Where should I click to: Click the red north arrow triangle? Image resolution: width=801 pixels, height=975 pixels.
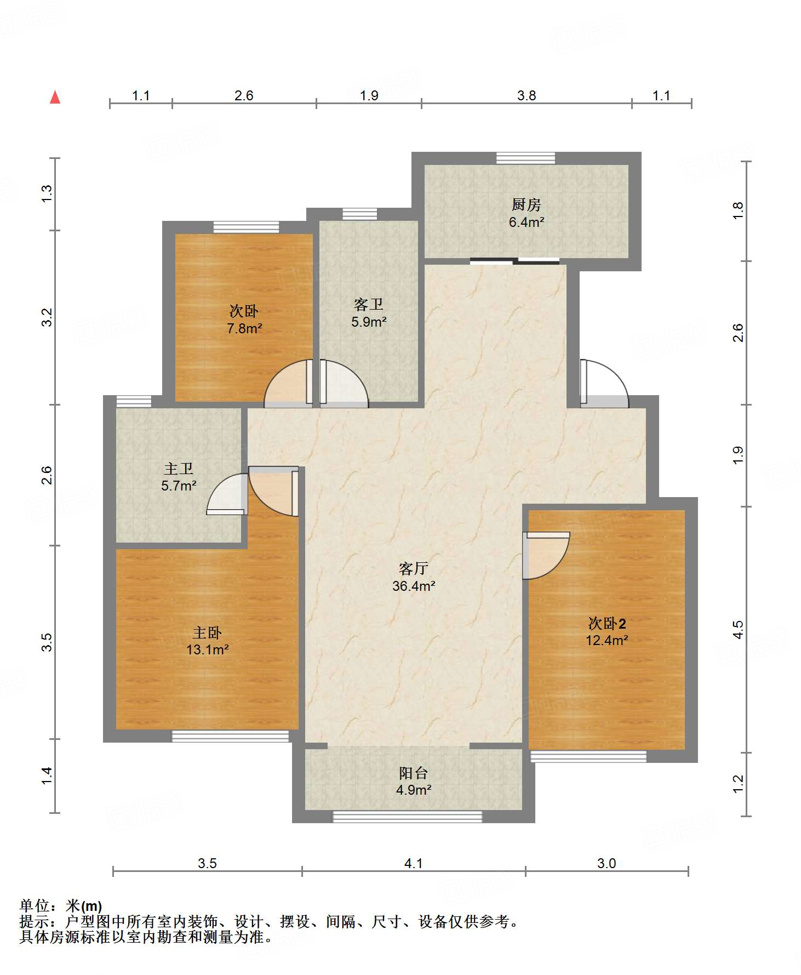(55, 97)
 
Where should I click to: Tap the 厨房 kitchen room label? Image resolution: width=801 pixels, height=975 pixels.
(526, 204)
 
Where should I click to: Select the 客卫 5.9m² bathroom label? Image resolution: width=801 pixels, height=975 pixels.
(369, 313)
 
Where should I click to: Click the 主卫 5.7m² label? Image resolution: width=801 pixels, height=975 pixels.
(179, 477)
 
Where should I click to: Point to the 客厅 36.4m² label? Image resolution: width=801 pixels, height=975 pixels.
(414, 577)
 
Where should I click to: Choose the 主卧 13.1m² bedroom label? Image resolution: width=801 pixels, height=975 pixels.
(207, 641)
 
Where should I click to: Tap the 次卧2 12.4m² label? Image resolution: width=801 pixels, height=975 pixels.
(607, 631)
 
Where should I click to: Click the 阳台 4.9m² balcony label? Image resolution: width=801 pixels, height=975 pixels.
(414, 781)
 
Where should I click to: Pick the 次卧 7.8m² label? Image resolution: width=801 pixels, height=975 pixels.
(244, 320)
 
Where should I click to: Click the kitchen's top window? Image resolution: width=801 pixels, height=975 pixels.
(525, 158)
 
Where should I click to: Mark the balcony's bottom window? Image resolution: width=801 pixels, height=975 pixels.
(408, 817)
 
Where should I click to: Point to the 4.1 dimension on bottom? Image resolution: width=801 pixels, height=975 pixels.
(414, 863)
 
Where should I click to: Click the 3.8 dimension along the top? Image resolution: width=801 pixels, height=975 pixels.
(527, 95)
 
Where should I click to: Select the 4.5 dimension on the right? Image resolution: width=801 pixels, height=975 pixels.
(738, 629)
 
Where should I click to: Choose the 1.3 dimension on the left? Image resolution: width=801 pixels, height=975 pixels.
(47, 193)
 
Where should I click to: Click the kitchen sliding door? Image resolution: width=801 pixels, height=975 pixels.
(515, 261)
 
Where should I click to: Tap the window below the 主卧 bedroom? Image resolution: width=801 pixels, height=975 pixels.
(230, 736)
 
